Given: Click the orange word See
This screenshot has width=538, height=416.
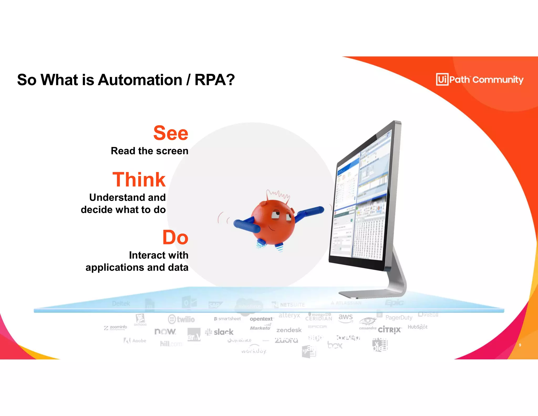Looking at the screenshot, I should click(x=171, y=133).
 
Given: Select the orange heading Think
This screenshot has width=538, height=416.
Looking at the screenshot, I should click(x=139, y=180).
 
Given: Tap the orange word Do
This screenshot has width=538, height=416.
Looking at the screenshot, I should click(x=175, y=237).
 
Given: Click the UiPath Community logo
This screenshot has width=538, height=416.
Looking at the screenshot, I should click(x=480, y=79).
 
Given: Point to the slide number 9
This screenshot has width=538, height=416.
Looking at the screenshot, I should click(x=520, y=345).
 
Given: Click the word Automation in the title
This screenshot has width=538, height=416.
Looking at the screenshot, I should click(x=140, y=80).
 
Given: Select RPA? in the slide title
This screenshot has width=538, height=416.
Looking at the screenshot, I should click(x=215, y=80).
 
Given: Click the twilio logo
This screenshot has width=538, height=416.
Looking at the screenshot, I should click(x=182, y=319).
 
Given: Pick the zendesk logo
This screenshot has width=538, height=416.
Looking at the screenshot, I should click(x=289, y=330).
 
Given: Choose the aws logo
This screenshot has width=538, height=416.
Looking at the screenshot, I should click(x=345, y=317).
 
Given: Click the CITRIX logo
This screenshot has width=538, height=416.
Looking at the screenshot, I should click(x=390, y=330).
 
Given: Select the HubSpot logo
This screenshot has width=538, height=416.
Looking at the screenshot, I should click(x=417, y=327).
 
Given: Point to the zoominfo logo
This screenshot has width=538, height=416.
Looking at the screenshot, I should click(x=116, y=327).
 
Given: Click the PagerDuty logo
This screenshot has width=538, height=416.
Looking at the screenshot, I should click(x=399, y=318).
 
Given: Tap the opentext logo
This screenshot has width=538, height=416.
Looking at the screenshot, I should click(x=261, y=319).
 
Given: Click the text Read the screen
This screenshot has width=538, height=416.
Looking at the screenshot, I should click(x=149, y=151).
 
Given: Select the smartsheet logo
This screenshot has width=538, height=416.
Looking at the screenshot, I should click(x=227, y=319).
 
